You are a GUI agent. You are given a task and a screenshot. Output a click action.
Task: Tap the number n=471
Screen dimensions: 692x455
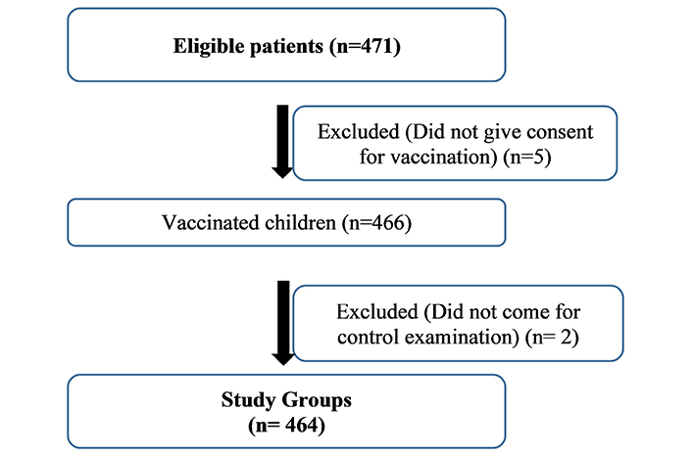365,46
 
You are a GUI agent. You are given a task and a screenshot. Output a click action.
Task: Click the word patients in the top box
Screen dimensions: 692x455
286,47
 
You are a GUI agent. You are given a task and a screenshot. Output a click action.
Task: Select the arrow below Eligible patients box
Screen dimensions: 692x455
282,141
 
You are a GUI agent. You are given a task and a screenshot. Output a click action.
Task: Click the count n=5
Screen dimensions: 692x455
527,157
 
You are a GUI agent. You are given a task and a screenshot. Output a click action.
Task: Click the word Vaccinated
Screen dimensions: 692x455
211,222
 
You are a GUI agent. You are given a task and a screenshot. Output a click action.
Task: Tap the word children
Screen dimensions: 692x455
300,222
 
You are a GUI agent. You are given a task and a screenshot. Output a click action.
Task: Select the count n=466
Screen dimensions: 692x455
376,223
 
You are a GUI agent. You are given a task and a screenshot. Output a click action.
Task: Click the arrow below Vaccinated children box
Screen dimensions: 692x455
283,323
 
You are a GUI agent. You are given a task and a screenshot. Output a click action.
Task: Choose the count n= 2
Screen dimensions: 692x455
552,337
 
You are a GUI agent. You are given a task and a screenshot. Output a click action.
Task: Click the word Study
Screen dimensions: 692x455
248,400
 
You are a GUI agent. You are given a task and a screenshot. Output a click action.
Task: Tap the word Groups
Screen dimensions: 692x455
317,400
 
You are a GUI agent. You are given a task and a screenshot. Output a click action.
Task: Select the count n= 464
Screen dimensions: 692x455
286,426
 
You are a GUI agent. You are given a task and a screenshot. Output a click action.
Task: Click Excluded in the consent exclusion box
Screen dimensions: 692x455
359,132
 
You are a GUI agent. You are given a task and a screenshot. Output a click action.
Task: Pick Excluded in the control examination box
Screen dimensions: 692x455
377,312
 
